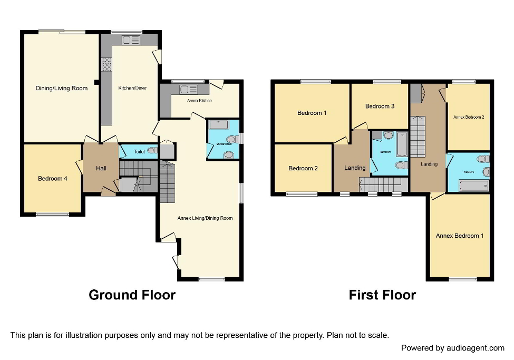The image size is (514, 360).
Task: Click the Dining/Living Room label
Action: tap(61, 88)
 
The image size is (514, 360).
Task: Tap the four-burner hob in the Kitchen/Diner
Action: tap(106, 64)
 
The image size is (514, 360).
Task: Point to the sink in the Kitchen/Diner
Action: tap(130, 40)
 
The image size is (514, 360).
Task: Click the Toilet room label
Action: tap(139, 151)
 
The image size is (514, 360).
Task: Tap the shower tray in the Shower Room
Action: tap(218, 124)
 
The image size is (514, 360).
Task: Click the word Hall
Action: tap(101, 168)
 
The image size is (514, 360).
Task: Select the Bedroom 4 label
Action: tap(52, 179)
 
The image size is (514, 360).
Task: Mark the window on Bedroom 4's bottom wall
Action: tap(52, 214)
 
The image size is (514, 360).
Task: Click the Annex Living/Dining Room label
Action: tap(205, 218)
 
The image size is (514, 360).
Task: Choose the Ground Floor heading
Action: tap(132, 295)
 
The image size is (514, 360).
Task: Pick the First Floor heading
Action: tap(382, 295)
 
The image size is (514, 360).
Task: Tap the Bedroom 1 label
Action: tap(312, 113)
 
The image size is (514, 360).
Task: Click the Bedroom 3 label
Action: tap(380, 106)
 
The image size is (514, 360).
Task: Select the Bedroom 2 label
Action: tap(303, 168)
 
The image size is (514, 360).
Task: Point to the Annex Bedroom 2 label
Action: tap(469, 117)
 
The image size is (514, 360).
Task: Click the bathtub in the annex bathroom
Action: tap(474, 185)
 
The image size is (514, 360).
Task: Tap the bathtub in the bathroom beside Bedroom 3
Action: tap(402, 144)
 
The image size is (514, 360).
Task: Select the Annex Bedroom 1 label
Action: tap(459, 236)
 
